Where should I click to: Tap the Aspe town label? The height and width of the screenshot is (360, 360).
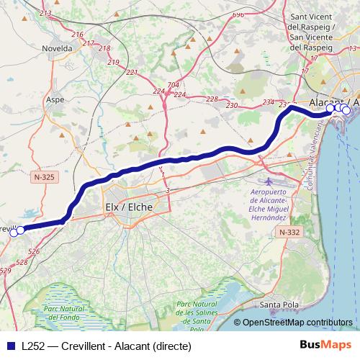55,100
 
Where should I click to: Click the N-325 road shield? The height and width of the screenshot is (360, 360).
45,175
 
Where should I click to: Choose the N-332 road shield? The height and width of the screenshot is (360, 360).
289,232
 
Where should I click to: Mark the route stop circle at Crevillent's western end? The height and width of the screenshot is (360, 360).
13,232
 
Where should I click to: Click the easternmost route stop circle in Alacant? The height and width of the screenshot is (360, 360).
346,110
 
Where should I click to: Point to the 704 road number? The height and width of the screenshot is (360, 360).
173,85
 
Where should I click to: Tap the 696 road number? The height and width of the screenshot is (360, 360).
239,14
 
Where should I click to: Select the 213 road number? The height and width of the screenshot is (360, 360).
46,14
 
